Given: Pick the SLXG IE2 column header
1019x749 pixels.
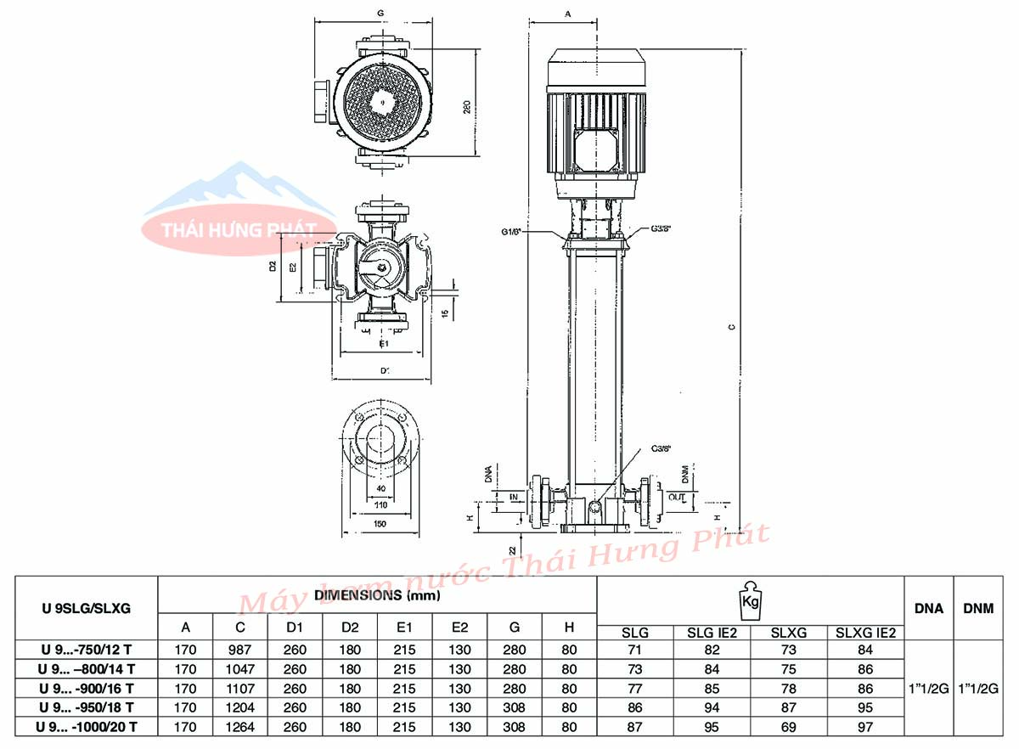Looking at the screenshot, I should pos(864,632).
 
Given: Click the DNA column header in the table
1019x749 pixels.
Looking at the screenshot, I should pos(927,607).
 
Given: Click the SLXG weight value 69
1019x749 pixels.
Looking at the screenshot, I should pos(789,727).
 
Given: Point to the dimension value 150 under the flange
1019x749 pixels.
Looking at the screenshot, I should pos(380,524).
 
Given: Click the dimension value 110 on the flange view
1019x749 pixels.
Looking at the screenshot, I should pos(380,504).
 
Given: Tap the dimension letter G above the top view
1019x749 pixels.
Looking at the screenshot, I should pos(380,14).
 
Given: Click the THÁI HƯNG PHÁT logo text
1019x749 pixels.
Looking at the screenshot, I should pos(228,230).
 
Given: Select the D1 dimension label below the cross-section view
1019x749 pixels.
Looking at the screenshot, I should pos(384,370).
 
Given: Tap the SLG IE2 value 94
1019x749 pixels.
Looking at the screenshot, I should pos(712,707).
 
